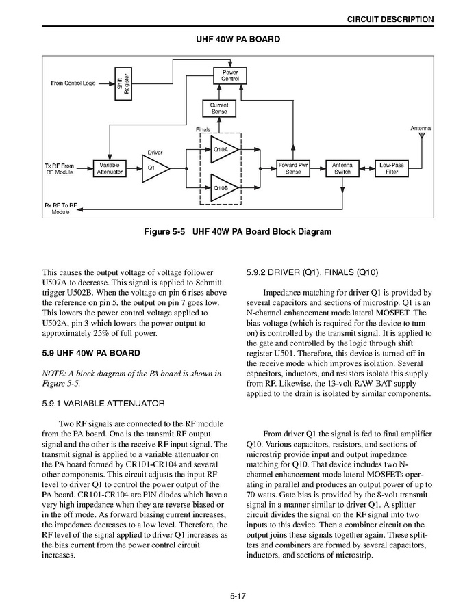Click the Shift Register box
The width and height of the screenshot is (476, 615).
pyautogui.click(x=122, y=83)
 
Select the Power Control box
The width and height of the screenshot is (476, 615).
pyautogui.click(x=230, y=75)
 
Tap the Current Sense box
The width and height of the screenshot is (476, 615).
pyautogui.click(x=218, y=108)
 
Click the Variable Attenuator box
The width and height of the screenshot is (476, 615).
pyautogui.click(x=110, y=168)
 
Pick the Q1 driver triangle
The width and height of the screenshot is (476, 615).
pyautogui.click(x=151, y=168)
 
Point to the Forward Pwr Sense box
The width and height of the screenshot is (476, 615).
pyautogui.click(x=293, y=168)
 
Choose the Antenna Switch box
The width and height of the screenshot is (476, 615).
pyautogui.click(x=342, y=168)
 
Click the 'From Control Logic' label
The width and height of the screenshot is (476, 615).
pyautogui.click(x=73, y=83)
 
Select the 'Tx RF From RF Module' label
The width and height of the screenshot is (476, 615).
pyautogui.click(x=58, y=169)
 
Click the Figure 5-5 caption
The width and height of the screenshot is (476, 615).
pyautogui.click(x=238, y=232)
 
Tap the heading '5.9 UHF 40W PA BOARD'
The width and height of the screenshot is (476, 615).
pyautogui.click(x=91, y=353)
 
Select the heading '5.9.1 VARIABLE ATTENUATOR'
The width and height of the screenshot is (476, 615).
pyautogui.click(x=103, y=404)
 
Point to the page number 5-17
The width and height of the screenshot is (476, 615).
pyautogui.click(x=238, y=596)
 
